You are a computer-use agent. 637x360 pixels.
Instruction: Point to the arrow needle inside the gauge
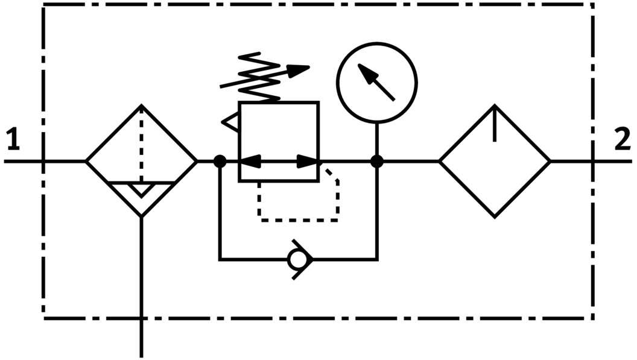pos(378,83)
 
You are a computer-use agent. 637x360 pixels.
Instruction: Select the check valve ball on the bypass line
pos(297,260)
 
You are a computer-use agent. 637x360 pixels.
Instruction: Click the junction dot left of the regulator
pos(220,162)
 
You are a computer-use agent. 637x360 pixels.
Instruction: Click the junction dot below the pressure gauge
pos(377,162)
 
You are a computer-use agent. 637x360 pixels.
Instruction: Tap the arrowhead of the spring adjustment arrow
pos(299,69)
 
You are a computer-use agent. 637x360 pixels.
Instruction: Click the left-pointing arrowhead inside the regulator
pos(250,162)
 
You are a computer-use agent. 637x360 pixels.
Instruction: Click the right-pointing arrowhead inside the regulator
pos(308,162)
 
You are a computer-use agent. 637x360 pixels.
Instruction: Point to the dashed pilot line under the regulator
pos(299,219)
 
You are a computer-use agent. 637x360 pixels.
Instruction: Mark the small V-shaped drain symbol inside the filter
pos(141,189)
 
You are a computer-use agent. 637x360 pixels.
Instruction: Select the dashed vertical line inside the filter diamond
pos(141,145)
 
